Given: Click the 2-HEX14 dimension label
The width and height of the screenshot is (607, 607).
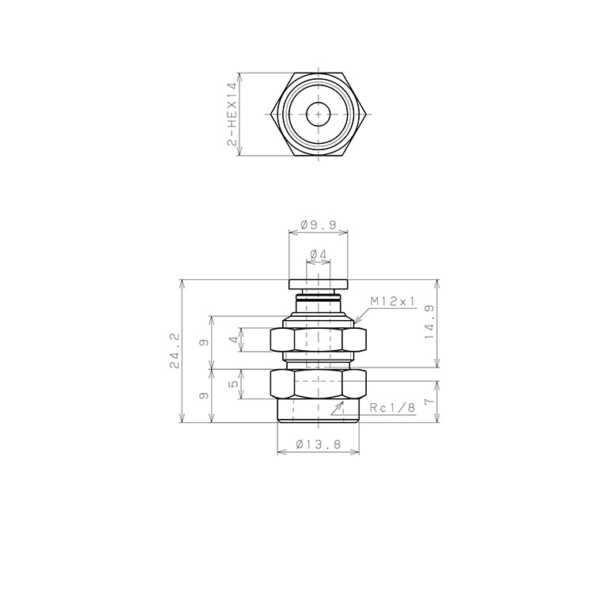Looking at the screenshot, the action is [x=232, y=114].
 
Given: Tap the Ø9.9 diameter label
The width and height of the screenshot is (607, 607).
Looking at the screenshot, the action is [x=319, y=225].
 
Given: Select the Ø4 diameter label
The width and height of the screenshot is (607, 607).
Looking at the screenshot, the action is [x=319, y=254].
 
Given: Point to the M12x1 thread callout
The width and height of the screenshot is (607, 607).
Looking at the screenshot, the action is [x=393, y=301].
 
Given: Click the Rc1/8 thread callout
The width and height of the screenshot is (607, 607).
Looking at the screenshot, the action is [x=392, y=408].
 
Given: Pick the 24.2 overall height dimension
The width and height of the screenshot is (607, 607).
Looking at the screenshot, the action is [x=174, y=351].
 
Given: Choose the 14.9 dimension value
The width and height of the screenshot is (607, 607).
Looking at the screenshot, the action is [x=430, y=322].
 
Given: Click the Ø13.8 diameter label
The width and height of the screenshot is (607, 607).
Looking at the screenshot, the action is [x=319, y=445].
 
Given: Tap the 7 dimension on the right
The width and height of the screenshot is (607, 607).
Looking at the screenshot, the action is [x=430, y=402].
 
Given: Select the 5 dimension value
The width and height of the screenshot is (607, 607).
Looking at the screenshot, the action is [x=234, y=384].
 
